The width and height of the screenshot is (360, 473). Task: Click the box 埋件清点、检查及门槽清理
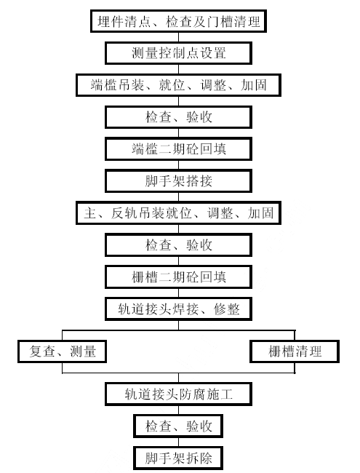(178, 21)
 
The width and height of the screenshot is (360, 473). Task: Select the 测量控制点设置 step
(178, 53)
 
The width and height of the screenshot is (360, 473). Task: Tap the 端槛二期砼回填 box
(178, 149)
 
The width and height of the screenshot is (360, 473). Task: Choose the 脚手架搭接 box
(178, 181)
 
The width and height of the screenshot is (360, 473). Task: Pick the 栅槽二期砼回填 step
(178, 277)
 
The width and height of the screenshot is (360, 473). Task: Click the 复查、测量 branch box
(62, 351)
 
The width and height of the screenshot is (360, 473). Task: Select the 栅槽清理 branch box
(295, 351)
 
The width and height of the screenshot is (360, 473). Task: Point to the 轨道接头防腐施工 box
(178, 394)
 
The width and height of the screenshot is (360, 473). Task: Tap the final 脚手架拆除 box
(178, 458)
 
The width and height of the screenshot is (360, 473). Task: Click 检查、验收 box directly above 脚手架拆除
(178, 426)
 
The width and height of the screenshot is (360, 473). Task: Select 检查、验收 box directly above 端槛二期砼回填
(178, 117)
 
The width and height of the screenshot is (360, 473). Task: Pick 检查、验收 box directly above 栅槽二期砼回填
(178, 245)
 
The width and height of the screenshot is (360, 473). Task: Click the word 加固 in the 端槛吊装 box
(254, 85)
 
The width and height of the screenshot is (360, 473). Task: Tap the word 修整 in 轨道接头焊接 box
(227, 309)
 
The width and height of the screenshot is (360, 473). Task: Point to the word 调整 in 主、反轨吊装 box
(220, 213)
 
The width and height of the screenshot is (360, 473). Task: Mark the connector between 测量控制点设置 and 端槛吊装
(178, 69)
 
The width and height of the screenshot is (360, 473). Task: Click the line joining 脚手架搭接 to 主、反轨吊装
(178, 197)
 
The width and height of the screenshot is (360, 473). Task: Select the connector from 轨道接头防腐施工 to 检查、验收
(178, 410)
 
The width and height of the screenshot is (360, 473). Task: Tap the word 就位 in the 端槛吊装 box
(172, 85)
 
